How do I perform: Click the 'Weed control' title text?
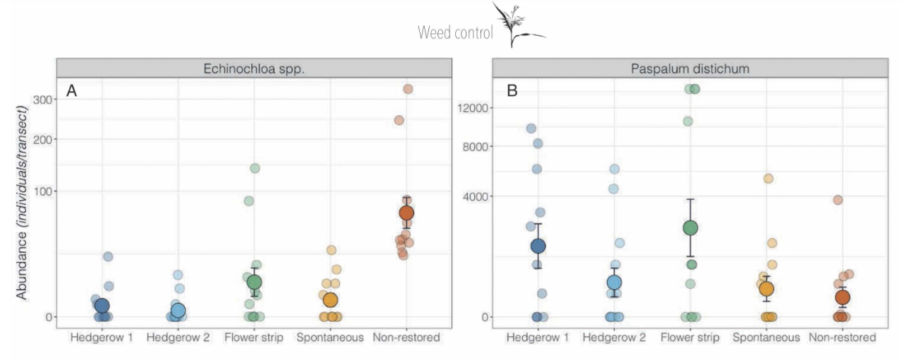point(454,32)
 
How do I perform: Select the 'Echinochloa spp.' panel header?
point(253,68)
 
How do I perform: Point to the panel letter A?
point(71,90)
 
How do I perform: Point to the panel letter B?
point(512,90)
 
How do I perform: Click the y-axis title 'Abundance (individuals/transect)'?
point(22,202)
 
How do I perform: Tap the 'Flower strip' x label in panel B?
point(690,338)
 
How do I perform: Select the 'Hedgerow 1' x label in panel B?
point(537,338)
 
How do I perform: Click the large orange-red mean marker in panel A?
point(406,212)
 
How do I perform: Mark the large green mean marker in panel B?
point(690,227)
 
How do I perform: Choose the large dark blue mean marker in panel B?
point(538,246)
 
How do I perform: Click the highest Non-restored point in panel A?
point(407,89)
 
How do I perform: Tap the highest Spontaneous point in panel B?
point(768,179)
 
